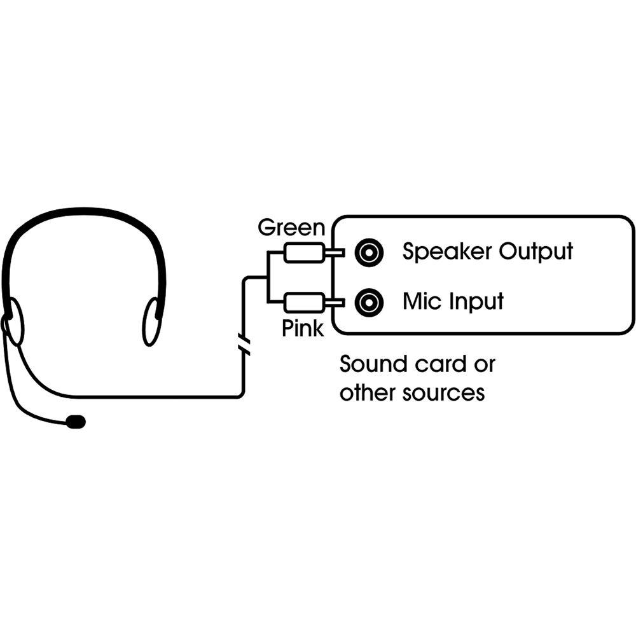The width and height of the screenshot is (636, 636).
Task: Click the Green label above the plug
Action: coord(291,228)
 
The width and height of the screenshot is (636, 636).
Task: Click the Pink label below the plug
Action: coord(302,328)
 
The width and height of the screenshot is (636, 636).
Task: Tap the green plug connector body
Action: coord(303,253)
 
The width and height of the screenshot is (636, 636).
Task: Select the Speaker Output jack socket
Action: coord(369,252)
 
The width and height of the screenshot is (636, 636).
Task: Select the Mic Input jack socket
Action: coord(369,301)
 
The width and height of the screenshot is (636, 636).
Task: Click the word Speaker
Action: coord(448,252)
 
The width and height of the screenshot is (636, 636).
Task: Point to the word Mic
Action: coord(422,301)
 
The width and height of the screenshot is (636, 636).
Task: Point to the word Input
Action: coord(477,302)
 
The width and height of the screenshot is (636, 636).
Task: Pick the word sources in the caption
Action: coord(444,393)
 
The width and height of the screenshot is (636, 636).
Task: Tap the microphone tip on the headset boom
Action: coord(76,421)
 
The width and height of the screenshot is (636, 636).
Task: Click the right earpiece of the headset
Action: coord(151,322)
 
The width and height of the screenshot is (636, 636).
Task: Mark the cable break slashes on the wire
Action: coord(242,344)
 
